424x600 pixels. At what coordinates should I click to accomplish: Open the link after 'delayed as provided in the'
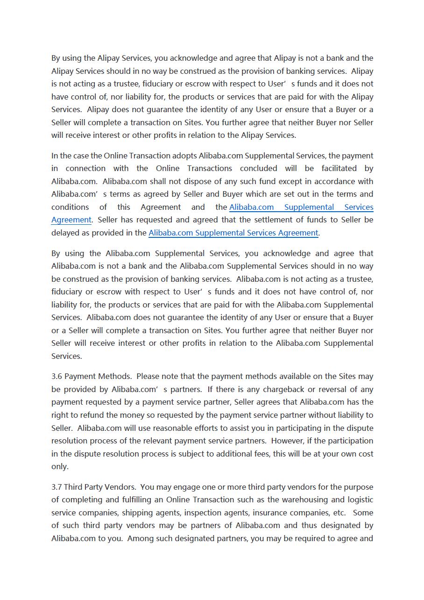(233, 233)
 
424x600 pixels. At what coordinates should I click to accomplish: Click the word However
(287, 441)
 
